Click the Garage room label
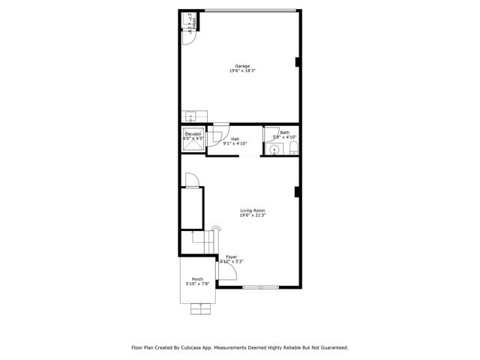click(x=241, y=66)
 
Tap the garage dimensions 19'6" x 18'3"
click(x=241, y=71)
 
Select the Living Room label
click(x=252, y=210)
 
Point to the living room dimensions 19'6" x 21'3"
click(x=252, y=215)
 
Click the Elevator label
click(x=193, y=133)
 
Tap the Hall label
click(x=235, y=138)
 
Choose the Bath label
click(x=284, y=133)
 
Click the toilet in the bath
click(x=292, y=150)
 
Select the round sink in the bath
click(x=275, y=150)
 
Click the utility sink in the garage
click(x=190, y=116)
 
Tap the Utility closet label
click(x=190, y=25)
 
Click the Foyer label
click(x=232, y=256)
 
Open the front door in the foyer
click(x=229, y=275)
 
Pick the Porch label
click(x=197, y=279)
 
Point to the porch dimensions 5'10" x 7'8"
click(x=197, y=284)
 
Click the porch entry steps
click(x=201, y=307)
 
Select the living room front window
click(x=262, y=286)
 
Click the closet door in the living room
click(x=191, y=181)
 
